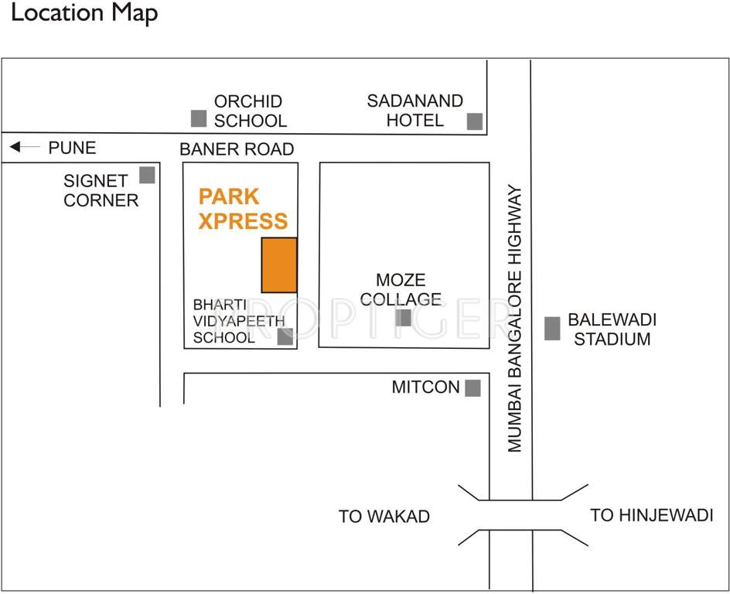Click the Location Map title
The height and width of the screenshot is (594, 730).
[85, 14]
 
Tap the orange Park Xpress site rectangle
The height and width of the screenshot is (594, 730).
[279, 265]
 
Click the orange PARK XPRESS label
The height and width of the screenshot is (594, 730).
[243, 209]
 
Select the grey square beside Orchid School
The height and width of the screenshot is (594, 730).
[199, 118]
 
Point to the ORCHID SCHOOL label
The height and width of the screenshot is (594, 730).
[250, 111]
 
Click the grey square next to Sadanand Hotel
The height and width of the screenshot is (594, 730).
[475, 121]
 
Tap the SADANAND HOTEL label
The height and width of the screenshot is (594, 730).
[415, 111]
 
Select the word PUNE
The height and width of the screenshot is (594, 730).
[72, 148]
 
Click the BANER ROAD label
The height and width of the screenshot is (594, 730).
[237, 148]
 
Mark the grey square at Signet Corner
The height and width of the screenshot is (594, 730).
[147, 176]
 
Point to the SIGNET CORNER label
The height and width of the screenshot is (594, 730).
[101, 190]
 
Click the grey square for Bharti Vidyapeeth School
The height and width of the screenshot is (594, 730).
[285, 336]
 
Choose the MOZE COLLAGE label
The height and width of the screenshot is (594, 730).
[401, 289]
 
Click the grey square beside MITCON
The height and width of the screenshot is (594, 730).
[472, 387]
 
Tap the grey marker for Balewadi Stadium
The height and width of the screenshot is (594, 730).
[552, 328]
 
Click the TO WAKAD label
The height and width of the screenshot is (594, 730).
[384, 517]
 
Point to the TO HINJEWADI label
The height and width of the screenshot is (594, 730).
[651, 515]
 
